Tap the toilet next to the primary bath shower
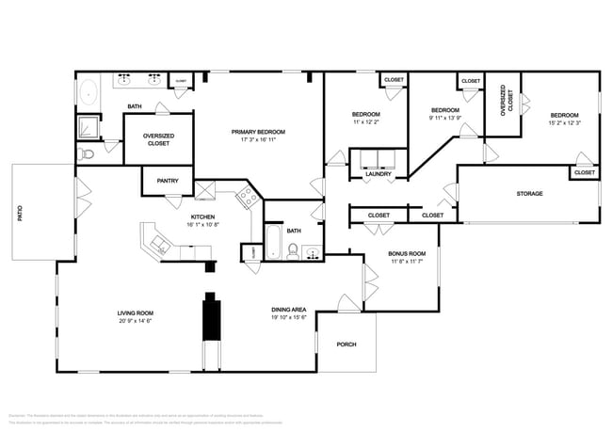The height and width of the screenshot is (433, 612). click(x=88, y=153)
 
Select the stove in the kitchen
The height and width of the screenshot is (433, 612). click(x=248, y=197)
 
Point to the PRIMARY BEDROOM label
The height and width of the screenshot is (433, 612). click(x=258, y=132)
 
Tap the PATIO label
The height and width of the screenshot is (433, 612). click(x=19, y=214)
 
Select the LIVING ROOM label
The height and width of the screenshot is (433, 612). click(x=136, y=313)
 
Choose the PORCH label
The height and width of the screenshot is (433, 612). click(x=346, y=344)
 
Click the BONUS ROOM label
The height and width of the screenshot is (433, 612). click(x=407, y=253)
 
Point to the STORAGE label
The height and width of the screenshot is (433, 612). click(x=529, y=194)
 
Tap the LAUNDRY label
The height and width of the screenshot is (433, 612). click(x=378, y=174)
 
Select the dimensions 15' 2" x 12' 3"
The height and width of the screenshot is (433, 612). click(x=564, y=122)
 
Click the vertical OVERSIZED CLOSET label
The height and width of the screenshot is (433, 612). click(x=507, y=99)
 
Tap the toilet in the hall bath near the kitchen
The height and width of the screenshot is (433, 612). click(x=292, y=250)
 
